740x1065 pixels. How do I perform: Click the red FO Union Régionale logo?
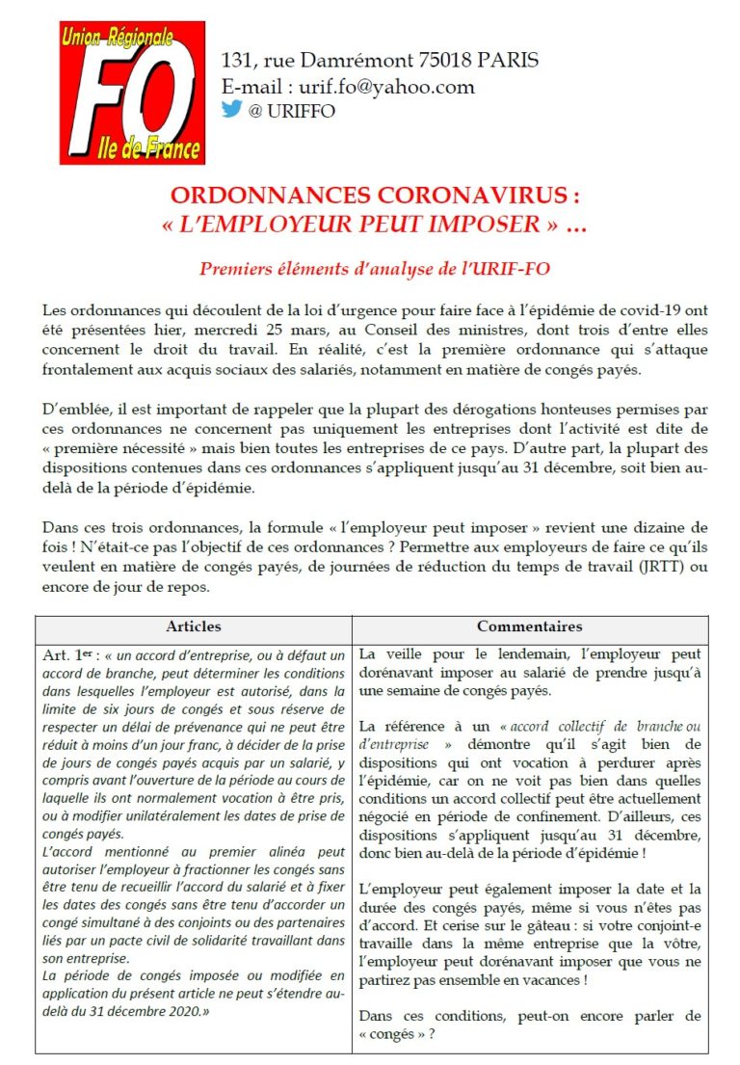pos(133,93)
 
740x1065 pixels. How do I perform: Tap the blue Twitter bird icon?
pos(231,109)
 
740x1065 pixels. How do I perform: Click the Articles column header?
pos(194,626)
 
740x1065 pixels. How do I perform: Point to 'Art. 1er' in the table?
pos(68,654)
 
